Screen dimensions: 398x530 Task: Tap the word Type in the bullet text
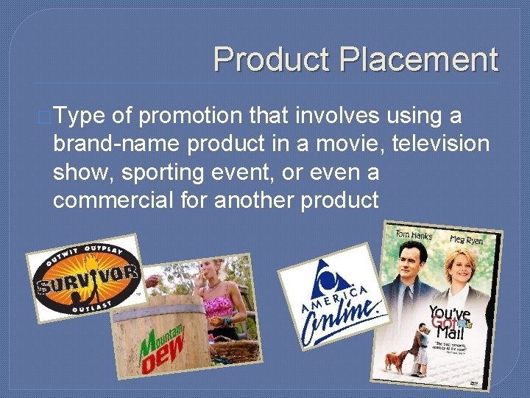80,116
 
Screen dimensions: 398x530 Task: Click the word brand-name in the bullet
116,144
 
